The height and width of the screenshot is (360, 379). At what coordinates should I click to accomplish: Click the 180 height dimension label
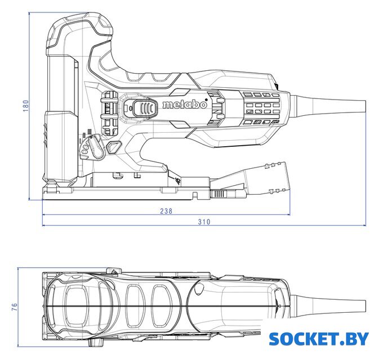pyautogui.click(x=26, y=106)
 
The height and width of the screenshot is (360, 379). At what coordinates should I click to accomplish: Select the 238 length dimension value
pyautogui.click(x=166, y=211)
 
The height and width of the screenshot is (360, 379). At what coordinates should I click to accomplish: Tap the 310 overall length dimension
pyautogui.click(x=204, y=222)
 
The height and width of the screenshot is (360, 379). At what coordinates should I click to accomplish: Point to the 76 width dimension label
pyautogui.click(x=15, y=307)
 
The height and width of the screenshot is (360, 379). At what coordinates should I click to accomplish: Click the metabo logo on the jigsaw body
pyautogui.click(x=185, y=104)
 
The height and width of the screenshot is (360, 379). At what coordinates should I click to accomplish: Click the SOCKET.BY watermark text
pyautogui.click(x=319, y=339)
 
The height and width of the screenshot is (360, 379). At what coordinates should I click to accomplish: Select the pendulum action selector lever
pyautogui.click(x=96, y=147)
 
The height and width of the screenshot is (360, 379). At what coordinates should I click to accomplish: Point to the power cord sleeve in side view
pyautogui.click(x=328, y=106)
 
